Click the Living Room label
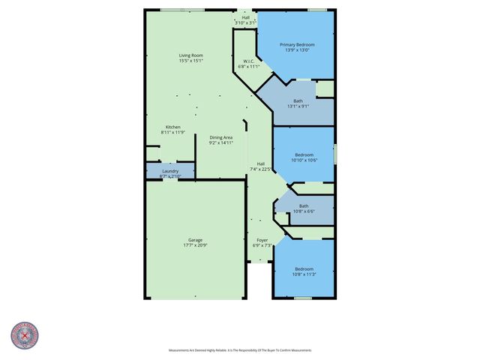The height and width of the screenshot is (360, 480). (x=190, y=55)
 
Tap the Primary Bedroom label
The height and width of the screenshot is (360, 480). (x=297, y=45)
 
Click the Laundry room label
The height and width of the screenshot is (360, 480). (x=170, y=171)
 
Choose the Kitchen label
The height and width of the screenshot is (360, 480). (x=172, y=127)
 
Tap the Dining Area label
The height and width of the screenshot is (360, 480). (x=220, y=137)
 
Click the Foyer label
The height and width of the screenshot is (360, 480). (x=262, y=241)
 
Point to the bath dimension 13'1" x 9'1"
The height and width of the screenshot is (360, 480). (x=298, y=106)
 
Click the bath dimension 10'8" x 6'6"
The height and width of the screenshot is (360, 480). (x=303, y=211)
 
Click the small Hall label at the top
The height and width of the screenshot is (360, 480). (x=246, y=17)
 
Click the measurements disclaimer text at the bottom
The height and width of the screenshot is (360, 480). (x=240, y=350)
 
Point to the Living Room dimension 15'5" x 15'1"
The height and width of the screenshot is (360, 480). (x=190, y=61)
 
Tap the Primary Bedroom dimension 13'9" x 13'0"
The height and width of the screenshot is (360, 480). (x=297, y=51)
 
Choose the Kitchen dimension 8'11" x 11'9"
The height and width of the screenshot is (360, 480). (x=172, y=133)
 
